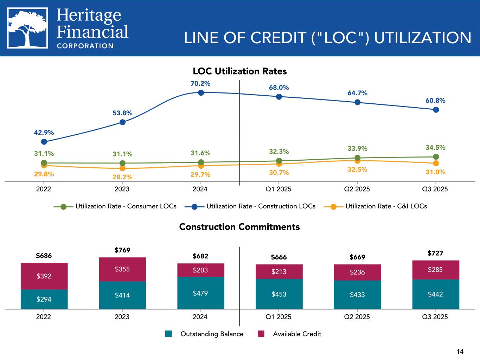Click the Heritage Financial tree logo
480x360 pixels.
click(x=28, y=28)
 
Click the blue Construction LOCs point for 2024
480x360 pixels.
click(x=201, y=92)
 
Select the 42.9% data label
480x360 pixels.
click(x=44, y=133)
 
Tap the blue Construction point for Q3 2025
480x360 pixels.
click(x=436, y=110)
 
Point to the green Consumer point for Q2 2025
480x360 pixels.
click(x=357, y=158)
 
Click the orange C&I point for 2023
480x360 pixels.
click(x=122, y=168)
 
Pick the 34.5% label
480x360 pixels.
click(x=435, y=147)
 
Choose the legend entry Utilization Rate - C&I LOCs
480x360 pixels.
click(x=386, y=206)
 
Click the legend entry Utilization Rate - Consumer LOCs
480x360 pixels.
click(x=126, y=206)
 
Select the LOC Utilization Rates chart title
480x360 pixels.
click(x=240, y=71)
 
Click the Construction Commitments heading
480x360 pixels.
click(x=239, y=227)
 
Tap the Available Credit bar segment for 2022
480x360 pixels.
click(x=44, y=276)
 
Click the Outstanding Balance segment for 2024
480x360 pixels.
click(x=201, y=293)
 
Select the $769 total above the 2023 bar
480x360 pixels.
click(x=122, y=250)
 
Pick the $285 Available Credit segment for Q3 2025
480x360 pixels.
click(x=435, y=270)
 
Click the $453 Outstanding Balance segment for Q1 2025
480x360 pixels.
click(x=279, y=294)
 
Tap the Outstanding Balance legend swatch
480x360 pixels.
click(x=169, y=334)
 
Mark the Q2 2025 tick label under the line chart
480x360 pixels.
click(x=357, y=189)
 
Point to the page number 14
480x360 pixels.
click(x=460, y=351)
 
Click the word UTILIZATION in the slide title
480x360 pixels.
click(x=422, y=38)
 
